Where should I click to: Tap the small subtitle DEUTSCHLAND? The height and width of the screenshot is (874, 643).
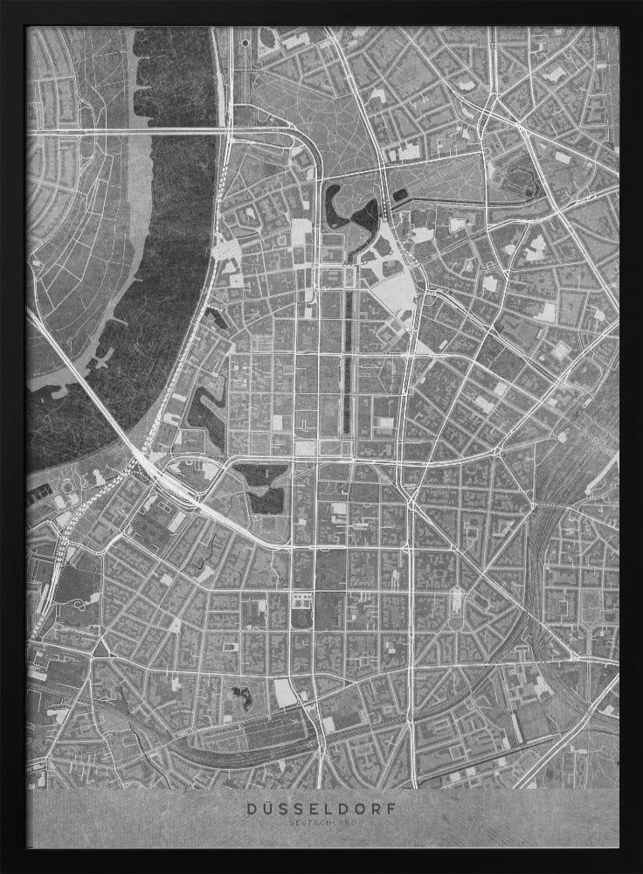pyautogui.click(x=321, y=822)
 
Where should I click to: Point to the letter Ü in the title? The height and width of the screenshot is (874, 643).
pyautogui.click(x=268, y=809)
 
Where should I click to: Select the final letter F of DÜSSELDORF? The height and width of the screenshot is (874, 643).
pyautogui.click(x=388, y=809)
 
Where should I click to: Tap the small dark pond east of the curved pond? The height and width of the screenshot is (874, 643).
pyautogui.click(x=399, y=198)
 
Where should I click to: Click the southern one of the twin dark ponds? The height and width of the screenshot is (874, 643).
pyautogui.click(x=266, y=501)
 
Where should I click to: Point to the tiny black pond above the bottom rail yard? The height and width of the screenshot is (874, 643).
pyautogui.click(x=239, y=696)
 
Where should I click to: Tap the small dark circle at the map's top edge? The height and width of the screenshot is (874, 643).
pyautogui.click(x=245, y=40)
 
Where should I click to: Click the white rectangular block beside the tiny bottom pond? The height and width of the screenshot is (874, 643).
pyautogui.click(x=284, y=692)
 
